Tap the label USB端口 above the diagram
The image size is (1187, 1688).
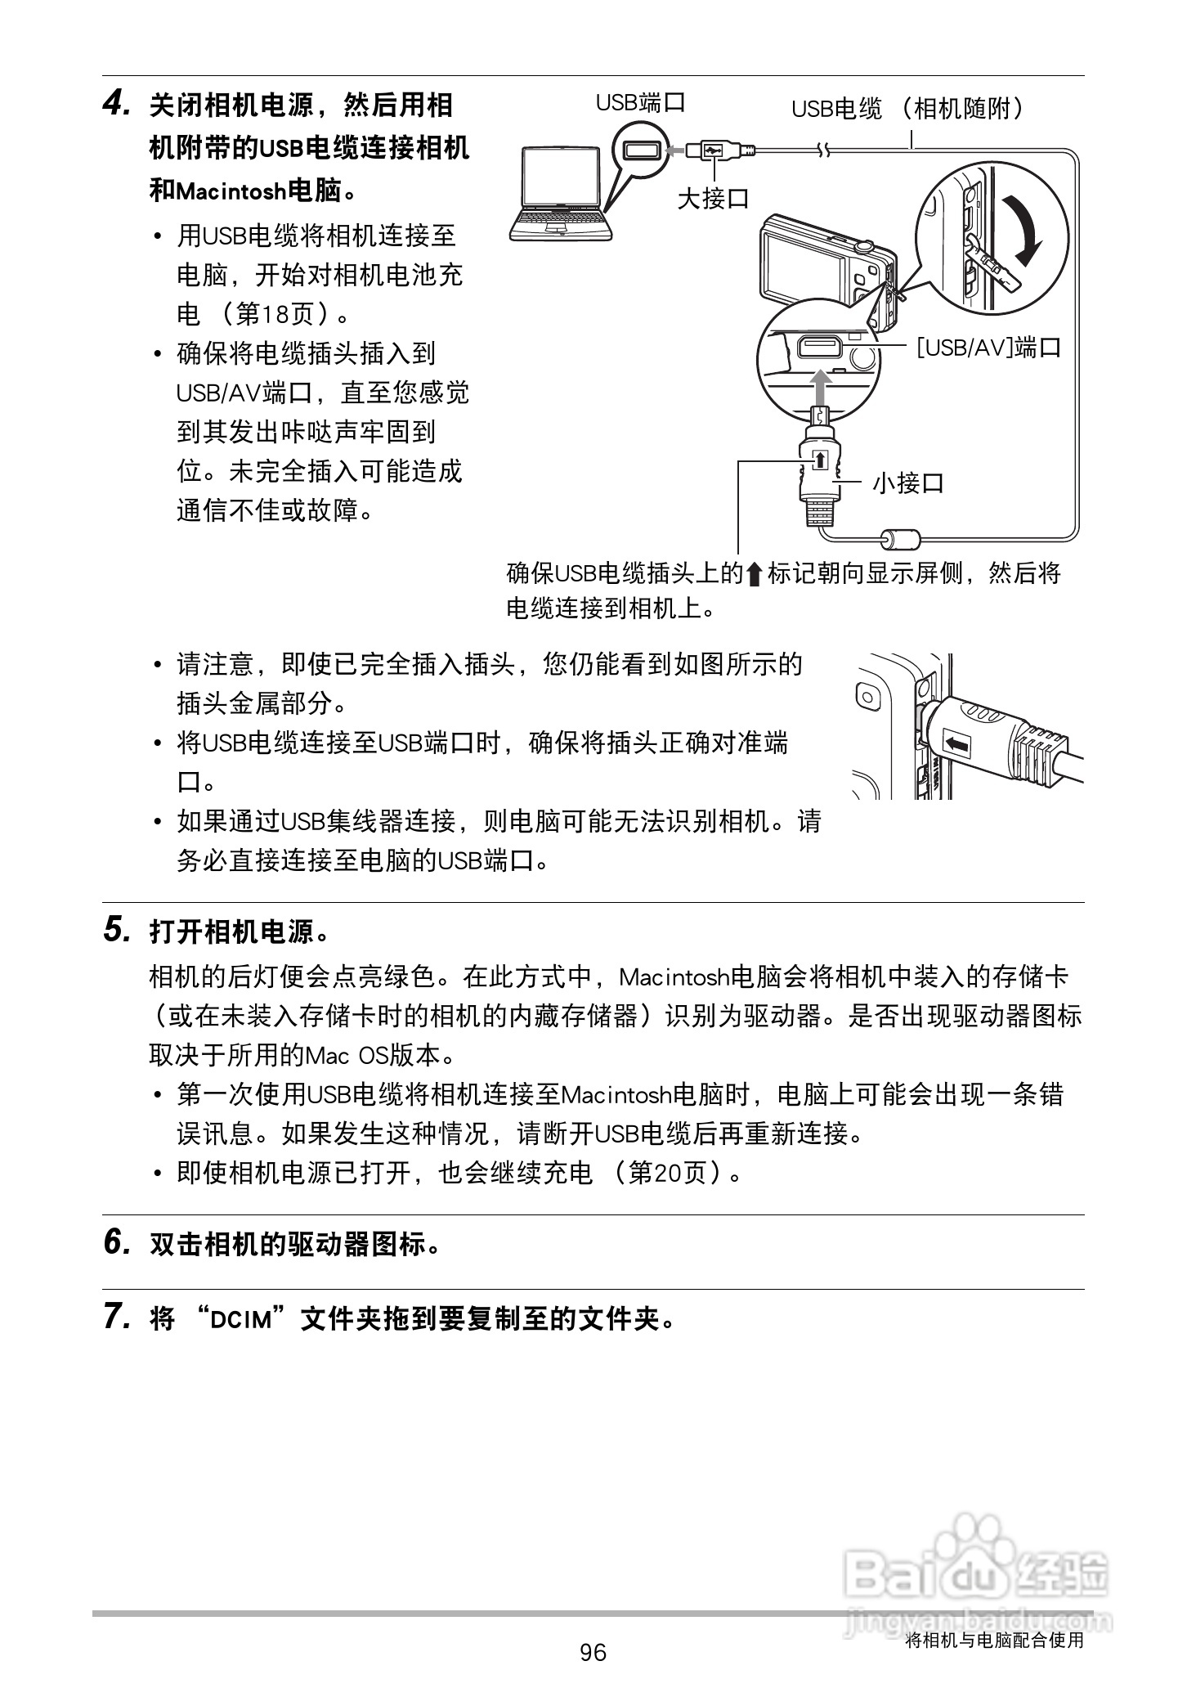(x=639, y=103)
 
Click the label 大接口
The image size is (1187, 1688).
(x=713, y=197)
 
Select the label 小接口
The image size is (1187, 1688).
(x=908, y=483)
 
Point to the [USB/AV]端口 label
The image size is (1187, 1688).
(x=988, y=348)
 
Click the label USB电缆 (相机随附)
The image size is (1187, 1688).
(x=908, y=108)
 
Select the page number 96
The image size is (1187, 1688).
(x=593, y=1653)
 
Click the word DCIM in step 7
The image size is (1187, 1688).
(x=240, y=1319)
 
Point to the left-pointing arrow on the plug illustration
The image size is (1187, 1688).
(x=955, y=743)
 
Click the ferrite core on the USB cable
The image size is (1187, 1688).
(x=899, y=539)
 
